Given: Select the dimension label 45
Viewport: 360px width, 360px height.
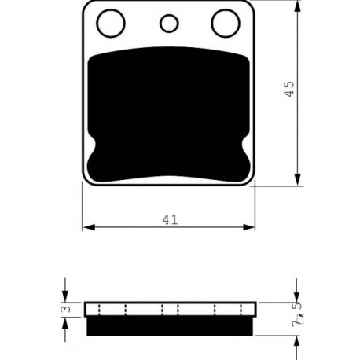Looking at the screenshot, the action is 289,89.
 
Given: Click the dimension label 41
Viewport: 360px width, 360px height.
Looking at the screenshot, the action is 170,220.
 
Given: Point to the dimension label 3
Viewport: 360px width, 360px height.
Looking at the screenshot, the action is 68,309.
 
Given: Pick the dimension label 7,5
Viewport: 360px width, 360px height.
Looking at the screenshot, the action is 297,314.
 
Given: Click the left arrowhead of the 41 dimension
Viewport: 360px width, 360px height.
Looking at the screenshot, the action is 89,227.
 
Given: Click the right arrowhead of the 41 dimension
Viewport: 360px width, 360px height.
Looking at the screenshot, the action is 249,227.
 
